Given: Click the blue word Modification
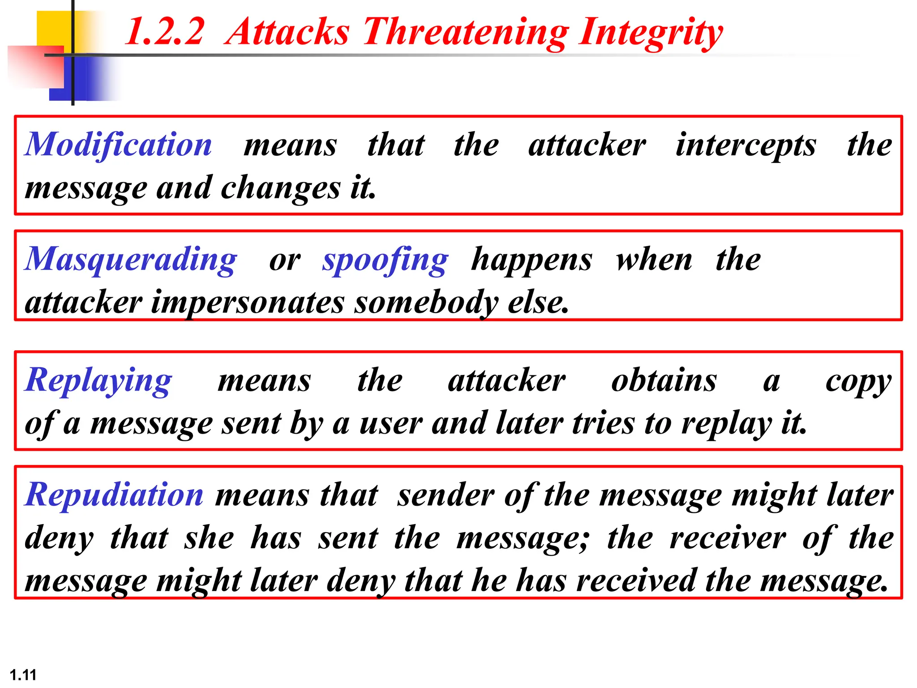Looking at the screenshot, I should click(x=118, y=145).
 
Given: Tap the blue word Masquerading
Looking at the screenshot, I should click(x=131, y=260).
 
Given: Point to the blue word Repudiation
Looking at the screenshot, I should click(x=115, y=495).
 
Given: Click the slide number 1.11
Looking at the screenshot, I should click(x=23, y=675).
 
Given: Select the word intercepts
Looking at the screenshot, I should click(x=746, y=146).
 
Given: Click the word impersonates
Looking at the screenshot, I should click(x=248, y=303).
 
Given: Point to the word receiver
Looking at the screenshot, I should click(x=728, y=537).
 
